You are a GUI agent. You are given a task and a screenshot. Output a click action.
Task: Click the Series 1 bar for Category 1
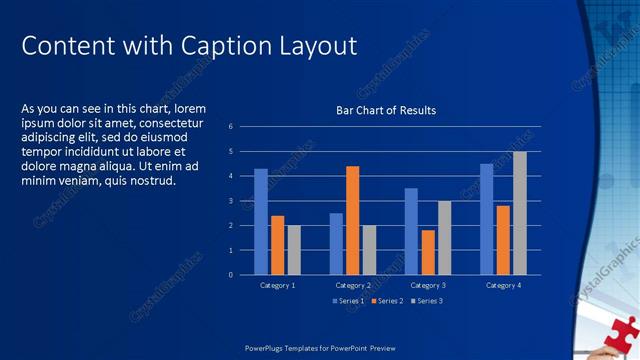coord(261,221)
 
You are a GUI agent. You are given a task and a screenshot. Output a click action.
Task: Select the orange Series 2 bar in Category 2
coord(352,220)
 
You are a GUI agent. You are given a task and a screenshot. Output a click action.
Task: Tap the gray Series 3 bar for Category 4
coord(519,213)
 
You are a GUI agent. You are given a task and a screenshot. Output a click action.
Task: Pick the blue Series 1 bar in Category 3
coord(411,231)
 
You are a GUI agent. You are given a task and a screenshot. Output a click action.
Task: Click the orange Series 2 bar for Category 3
coord(427,252)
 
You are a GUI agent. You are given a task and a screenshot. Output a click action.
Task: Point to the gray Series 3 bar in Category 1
coord(294,250)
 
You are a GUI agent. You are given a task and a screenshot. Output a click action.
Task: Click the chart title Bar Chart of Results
coord(385,110)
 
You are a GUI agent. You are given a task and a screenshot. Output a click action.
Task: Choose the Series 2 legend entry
coord(387,301)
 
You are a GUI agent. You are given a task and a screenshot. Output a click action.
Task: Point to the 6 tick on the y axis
coord(230,127)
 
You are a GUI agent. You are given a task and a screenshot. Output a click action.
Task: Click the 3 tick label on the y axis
coord(230,201)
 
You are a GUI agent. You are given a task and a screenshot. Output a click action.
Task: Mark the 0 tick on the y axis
coord(230,275)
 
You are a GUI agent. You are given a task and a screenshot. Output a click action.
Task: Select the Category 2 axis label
coord(352,286)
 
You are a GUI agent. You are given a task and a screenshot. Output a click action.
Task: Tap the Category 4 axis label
coord(503,286)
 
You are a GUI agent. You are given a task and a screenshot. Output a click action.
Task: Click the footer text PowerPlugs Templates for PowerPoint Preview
coord(320,348)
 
